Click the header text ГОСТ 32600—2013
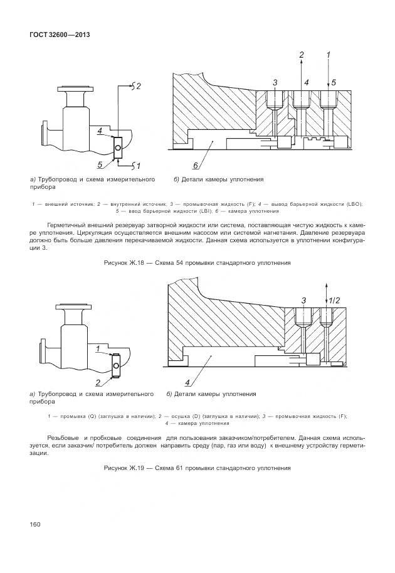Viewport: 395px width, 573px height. pyautogui.click(x=60, y=35)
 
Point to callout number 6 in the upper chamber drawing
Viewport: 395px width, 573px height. pyautogui.click(x=195, y=166)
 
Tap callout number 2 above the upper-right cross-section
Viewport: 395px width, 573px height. pyautogui.click(x=301, y=56)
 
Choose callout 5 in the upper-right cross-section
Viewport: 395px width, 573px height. pyautogui.click(x=334, y=82)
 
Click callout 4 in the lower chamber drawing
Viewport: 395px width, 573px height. pyautogui.click(x=187, y=382)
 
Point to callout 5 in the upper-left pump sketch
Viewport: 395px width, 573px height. pyautogui.click(x=100, y=165)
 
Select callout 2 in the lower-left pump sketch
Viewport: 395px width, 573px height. pyautogui.click(x=98, y=382)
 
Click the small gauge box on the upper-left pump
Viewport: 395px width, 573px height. pyautogui.click(x=117, y=146)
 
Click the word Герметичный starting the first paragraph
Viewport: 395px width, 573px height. pyautogui.click(x=66, y=225)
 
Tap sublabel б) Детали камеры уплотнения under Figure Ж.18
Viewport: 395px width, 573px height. pyautogui.click(x=218, y=180)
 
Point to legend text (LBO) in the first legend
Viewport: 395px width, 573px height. pyautogui.click(x=353, y=204)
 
